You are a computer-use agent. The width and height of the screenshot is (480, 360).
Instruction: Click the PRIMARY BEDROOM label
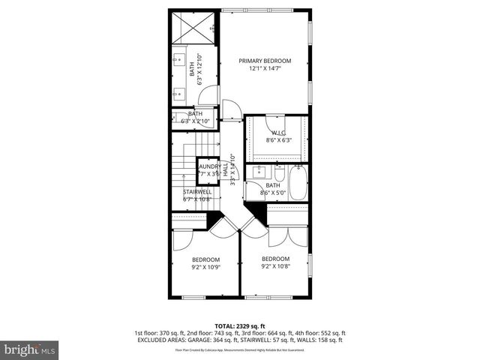coord(265,61)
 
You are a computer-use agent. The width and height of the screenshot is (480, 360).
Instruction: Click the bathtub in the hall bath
coord(297,184)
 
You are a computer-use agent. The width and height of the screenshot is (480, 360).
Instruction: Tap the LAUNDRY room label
coord(209,166)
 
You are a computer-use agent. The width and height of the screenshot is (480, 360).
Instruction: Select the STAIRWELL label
coord(198,191)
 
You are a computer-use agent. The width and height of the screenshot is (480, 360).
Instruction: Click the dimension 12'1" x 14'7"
coord(265,68)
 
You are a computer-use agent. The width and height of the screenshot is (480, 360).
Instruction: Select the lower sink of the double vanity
coord(180,92)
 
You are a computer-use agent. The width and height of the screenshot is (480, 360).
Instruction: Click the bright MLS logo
coord(30,349)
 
